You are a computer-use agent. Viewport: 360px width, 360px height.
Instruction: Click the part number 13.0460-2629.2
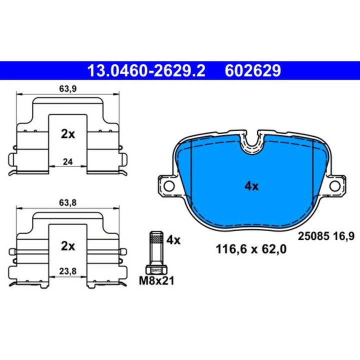click(x=146, y=70)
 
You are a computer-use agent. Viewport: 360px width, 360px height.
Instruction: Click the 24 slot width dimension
click(x=68, y=161)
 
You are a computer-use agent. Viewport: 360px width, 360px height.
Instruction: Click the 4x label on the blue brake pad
click(x=251, y=186)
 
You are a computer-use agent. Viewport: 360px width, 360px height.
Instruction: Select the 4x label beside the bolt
click(x=173, y=240)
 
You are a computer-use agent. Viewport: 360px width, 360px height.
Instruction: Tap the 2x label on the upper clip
click(x=68, y=134)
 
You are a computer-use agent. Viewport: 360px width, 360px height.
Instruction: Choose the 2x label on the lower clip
click(x=68, y=246)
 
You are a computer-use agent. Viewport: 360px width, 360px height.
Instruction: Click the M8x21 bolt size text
click(x=156, y=281)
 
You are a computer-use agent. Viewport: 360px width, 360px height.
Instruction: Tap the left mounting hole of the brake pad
click(x=169, y=186)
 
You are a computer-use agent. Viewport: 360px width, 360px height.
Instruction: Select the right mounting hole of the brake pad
click(x=334, y=186)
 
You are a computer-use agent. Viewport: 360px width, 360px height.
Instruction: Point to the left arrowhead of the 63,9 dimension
click(x=19, y=94)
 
